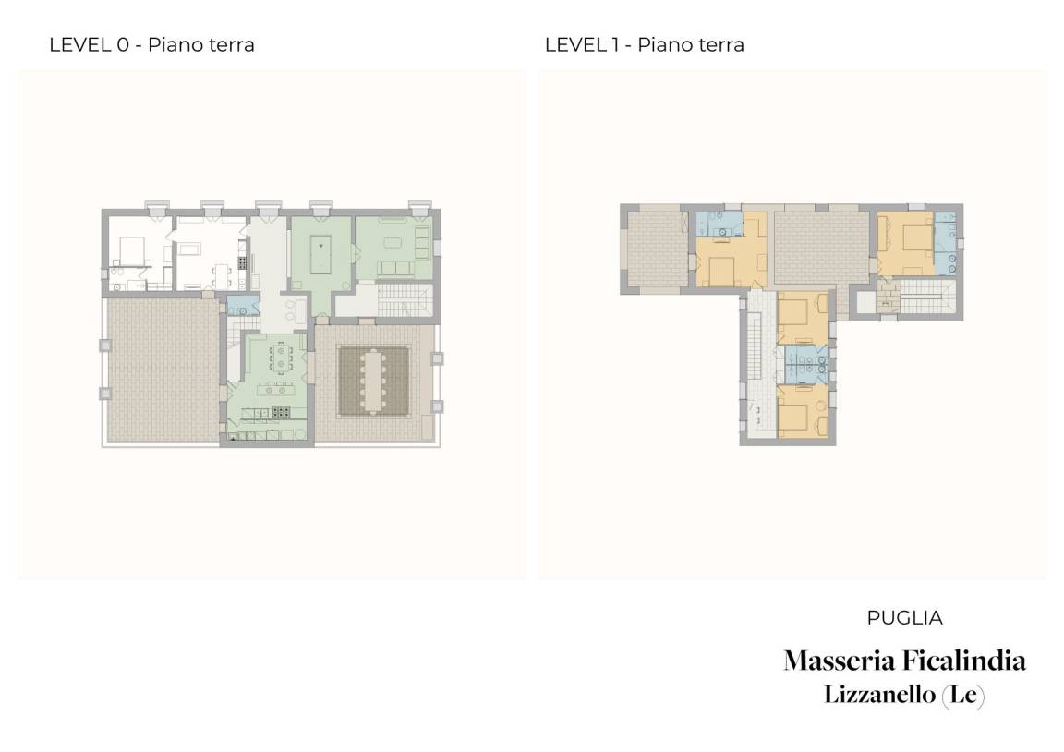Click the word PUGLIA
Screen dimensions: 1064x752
tap(904, 618)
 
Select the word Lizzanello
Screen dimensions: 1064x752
tap(879, 695)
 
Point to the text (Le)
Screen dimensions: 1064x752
tap(963, 695)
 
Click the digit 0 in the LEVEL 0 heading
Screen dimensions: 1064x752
tap(123, 44)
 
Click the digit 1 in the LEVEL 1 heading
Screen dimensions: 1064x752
tap(615, 44)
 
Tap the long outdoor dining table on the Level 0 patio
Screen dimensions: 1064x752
tap(375, 381)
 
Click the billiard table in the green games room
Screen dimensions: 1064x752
tap(320, 245)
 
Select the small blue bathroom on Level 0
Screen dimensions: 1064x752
tap(243, 306)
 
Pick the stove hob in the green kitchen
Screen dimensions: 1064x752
tap(280, 411)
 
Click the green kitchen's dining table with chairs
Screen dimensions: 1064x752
tap(281, 357)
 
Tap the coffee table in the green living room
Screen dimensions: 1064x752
tap(393, 243)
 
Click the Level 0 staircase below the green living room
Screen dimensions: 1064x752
tap(405, 300)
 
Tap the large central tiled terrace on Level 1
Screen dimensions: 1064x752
tap(821, 249)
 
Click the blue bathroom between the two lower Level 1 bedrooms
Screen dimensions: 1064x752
tap(806, 365)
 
